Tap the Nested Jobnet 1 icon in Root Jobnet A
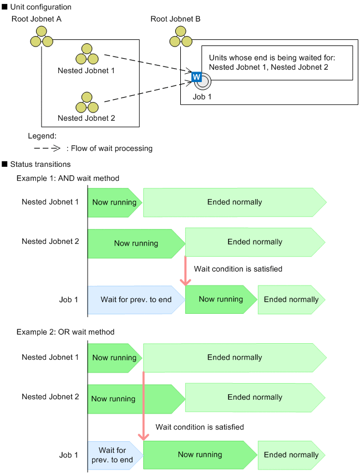(86, 54)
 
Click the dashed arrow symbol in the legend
(46, 148)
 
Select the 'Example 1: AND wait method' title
(68, 178)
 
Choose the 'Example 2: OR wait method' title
(65, 332)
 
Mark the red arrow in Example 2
(144, 407)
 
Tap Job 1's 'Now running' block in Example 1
(221, 299)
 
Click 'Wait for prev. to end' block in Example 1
(135, 299)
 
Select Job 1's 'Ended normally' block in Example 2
(291, 455)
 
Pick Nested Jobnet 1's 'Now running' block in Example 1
(114, 202)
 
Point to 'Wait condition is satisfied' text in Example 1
(238, 269)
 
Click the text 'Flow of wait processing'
(111, 148)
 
